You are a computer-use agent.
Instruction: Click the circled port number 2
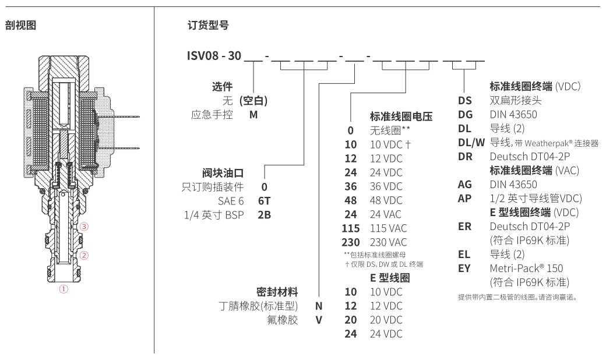tap(84, 255)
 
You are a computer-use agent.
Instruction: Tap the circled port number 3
tap(84, 226)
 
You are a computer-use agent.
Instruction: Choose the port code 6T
tap(265, 200)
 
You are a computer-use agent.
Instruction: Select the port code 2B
tap(265, 214)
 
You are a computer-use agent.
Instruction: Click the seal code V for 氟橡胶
tap(319, 319)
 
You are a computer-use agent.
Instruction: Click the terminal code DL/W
tap(471, 143)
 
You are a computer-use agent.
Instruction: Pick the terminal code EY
tap(464, 268)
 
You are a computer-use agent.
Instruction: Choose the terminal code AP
tap(464, 197)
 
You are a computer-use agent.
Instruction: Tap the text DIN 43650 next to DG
tap(513, 115)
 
